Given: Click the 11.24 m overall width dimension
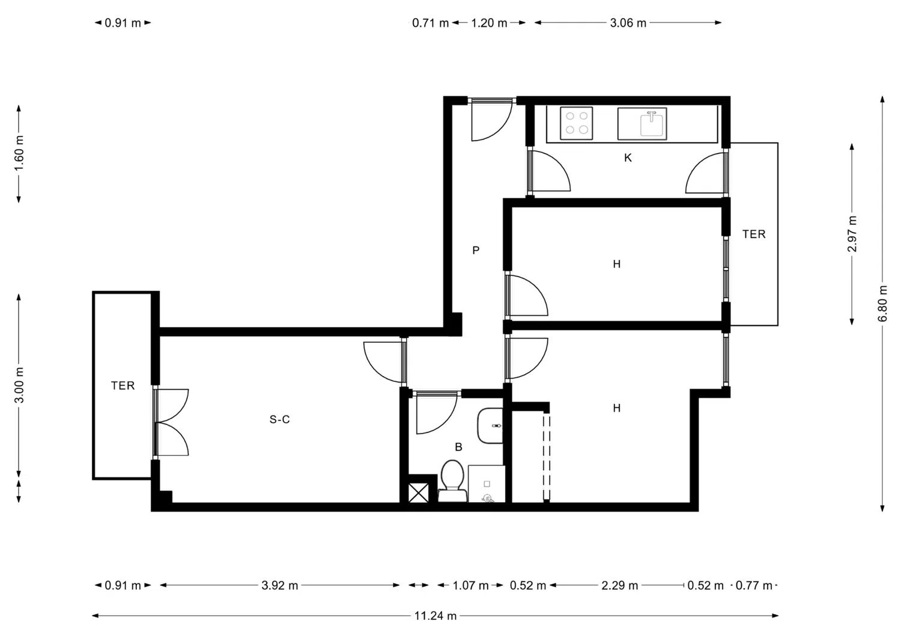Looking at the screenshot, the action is tap(435, 616).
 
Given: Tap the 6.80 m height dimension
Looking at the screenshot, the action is tap(882, 304).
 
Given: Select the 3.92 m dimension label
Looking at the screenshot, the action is tap(279, 585).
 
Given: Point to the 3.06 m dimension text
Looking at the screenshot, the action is tap(628, 23).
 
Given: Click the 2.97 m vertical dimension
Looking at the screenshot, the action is tap(852, 234).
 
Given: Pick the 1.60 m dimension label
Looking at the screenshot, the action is tap(19, 153).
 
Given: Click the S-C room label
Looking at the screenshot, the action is tap(279, 420).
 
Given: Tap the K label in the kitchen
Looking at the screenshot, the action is tap(628, 158).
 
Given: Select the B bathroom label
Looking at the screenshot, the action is tap(458, 447).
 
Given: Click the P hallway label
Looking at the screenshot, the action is tap(476, 251).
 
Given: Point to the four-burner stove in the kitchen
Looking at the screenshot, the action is tap(577, 123).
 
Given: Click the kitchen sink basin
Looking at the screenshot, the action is tap(651, 124).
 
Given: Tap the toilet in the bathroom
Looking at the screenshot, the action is tap(452, 481).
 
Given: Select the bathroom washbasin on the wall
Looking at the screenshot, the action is tap(490, 426).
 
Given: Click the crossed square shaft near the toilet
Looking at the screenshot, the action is tap(419, 492).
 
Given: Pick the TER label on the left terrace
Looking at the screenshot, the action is tap(123, 386).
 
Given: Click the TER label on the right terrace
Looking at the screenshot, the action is tap(754, 234).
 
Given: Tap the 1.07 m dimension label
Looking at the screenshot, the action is tap(470, 585).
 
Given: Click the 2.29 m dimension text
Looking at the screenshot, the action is tap(620, 585).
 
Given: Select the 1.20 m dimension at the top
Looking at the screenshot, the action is tap(489, 23).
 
